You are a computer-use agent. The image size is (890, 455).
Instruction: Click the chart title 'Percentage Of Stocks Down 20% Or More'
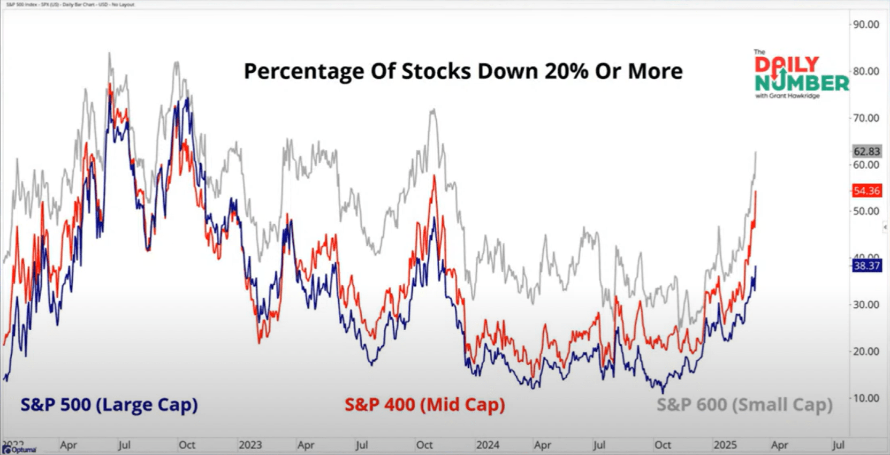[x=463, y=71]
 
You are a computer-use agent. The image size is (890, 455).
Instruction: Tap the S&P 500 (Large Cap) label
[x=109, y=405]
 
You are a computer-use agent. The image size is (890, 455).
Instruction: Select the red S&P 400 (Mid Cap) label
[x=425, y=405]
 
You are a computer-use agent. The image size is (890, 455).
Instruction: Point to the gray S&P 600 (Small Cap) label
[x=744, y=405]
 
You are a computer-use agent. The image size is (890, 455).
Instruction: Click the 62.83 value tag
[x=866, y=151]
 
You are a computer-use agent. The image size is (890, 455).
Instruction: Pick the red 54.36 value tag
[x=866, y=191]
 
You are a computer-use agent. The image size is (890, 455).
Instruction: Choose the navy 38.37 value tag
[x=866, y=266]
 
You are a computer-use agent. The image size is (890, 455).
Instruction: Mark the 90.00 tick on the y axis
[x=866, y=25]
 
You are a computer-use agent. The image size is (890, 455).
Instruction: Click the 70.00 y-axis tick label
[x=866, y=118]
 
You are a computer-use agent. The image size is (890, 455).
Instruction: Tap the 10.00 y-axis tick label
[x=866, y=398]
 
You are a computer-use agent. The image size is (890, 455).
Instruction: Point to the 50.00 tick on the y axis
[x=866, y=211]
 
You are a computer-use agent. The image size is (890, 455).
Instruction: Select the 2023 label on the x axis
[x=250, y=445]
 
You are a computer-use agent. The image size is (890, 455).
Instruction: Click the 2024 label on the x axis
[x=488, y=445]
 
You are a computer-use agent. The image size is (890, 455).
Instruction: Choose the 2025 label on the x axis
[x=725, y=445]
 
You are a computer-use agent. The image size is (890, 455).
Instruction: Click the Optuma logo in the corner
[x=19, y=450]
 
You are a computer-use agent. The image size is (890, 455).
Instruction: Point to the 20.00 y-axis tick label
[x=866, y=352]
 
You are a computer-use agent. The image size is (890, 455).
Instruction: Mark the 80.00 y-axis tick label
[x=866, y=71]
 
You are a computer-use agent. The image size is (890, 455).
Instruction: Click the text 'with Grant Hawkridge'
[x=787, y=96]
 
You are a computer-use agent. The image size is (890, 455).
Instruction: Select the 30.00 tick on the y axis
[x=866, y=305]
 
